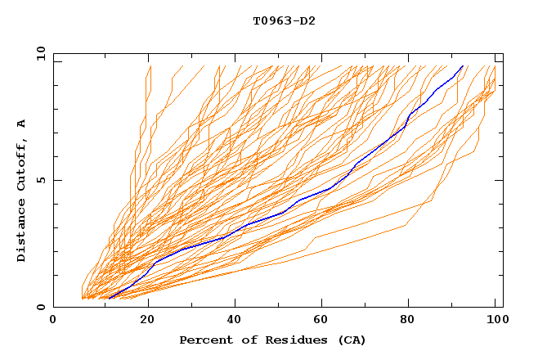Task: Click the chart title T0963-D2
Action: click(x=284, y=20)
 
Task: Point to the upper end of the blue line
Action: click(x=463, y=66)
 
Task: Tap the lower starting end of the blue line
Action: click(x=110, y=298)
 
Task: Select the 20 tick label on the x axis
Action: click(x=148, y=321)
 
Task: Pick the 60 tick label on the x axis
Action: click(x=325, y=321)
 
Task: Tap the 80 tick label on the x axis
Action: click(x=414, y=321)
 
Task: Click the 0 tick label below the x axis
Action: click(x=53, y=321)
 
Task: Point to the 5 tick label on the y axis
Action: click(x=39, y=180)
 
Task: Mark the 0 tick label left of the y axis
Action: click(x=39, y=307)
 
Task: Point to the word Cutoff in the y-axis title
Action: click(x=21, y=164)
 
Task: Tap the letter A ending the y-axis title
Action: click(x=21, y=124)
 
